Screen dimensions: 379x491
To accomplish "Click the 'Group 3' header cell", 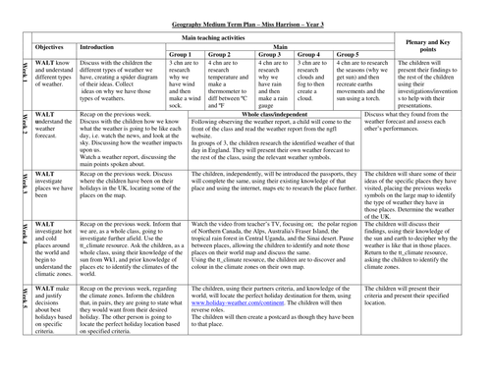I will (x=271, y=53).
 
